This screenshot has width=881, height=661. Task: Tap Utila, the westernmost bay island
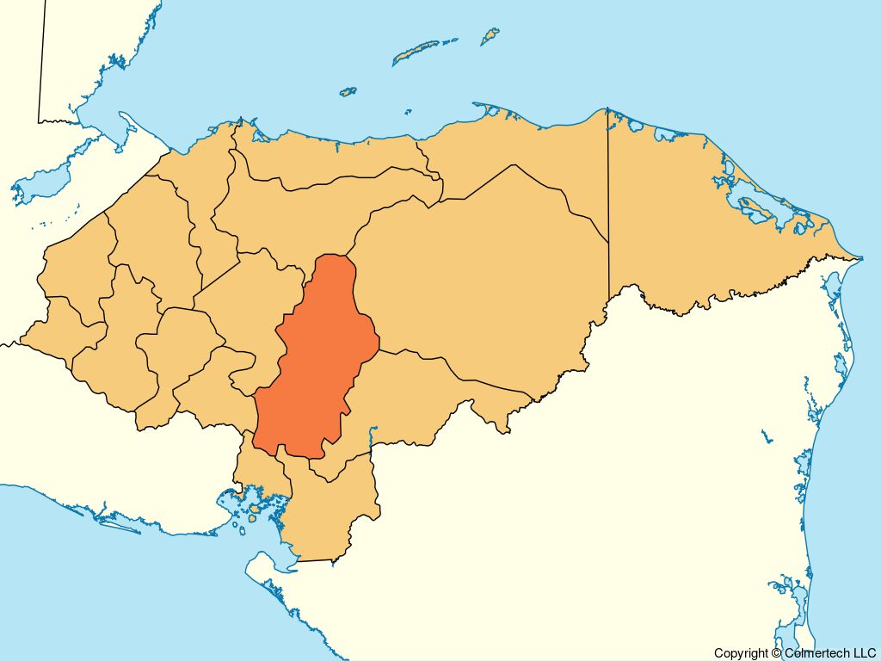348,90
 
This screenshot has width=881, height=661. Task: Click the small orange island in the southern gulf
254,518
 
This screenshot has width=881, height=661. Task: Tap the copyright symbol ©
777,653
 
